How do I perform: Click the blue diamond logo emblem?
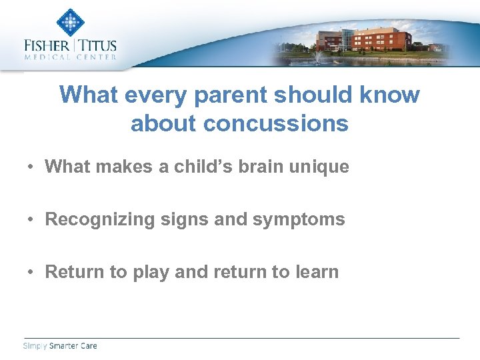coord(70,22)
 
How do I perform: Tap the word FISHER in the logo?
coord(47,46)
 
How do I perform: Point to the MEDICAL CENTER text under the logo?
coord(70,57)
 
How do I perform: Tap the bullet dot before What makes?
coord(31,167)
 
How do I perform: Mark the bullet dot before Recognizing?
coord(31,219)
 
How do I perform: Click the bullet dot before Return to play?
coord(31,272)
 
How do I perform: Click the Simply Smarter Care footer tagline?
coord(60,346)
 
